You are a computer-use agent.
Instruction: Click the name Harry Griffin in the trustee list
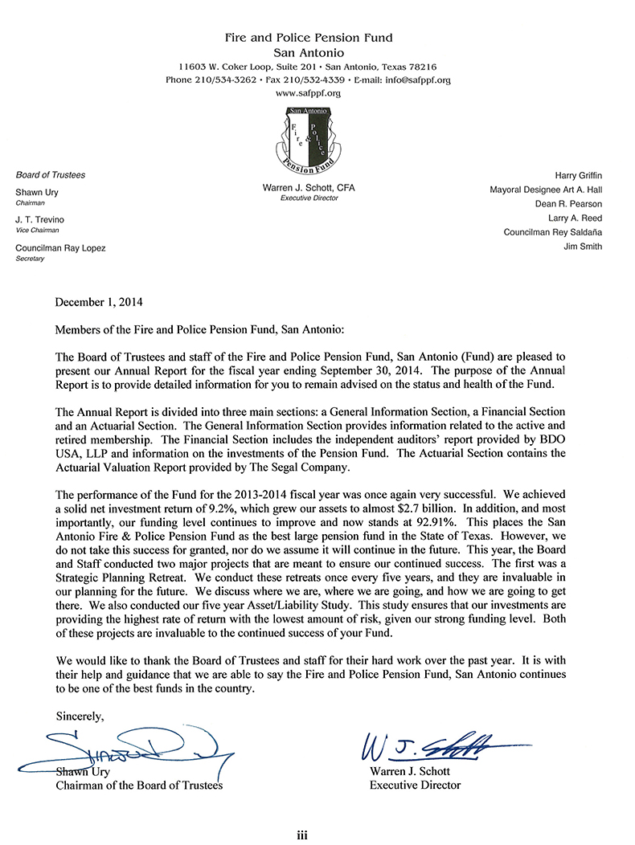tap(578, 175)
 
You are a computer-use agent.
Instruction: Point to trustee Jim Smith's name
tap(584, 247)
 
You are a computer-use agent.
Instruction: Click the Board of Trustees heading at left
tap(51, 175)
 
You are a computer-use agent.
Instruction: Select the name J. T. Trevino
tap(39, 220)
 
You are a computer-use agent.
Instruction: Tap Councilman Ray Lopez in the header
tap(60, 248)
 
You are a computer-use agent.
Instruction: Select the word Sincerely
tap(80, 714)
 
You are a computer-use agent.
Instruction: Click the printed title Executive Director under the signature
tap(415, 785)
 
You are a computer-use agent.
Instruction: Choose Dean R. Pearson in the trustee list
tap(569, 204)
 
